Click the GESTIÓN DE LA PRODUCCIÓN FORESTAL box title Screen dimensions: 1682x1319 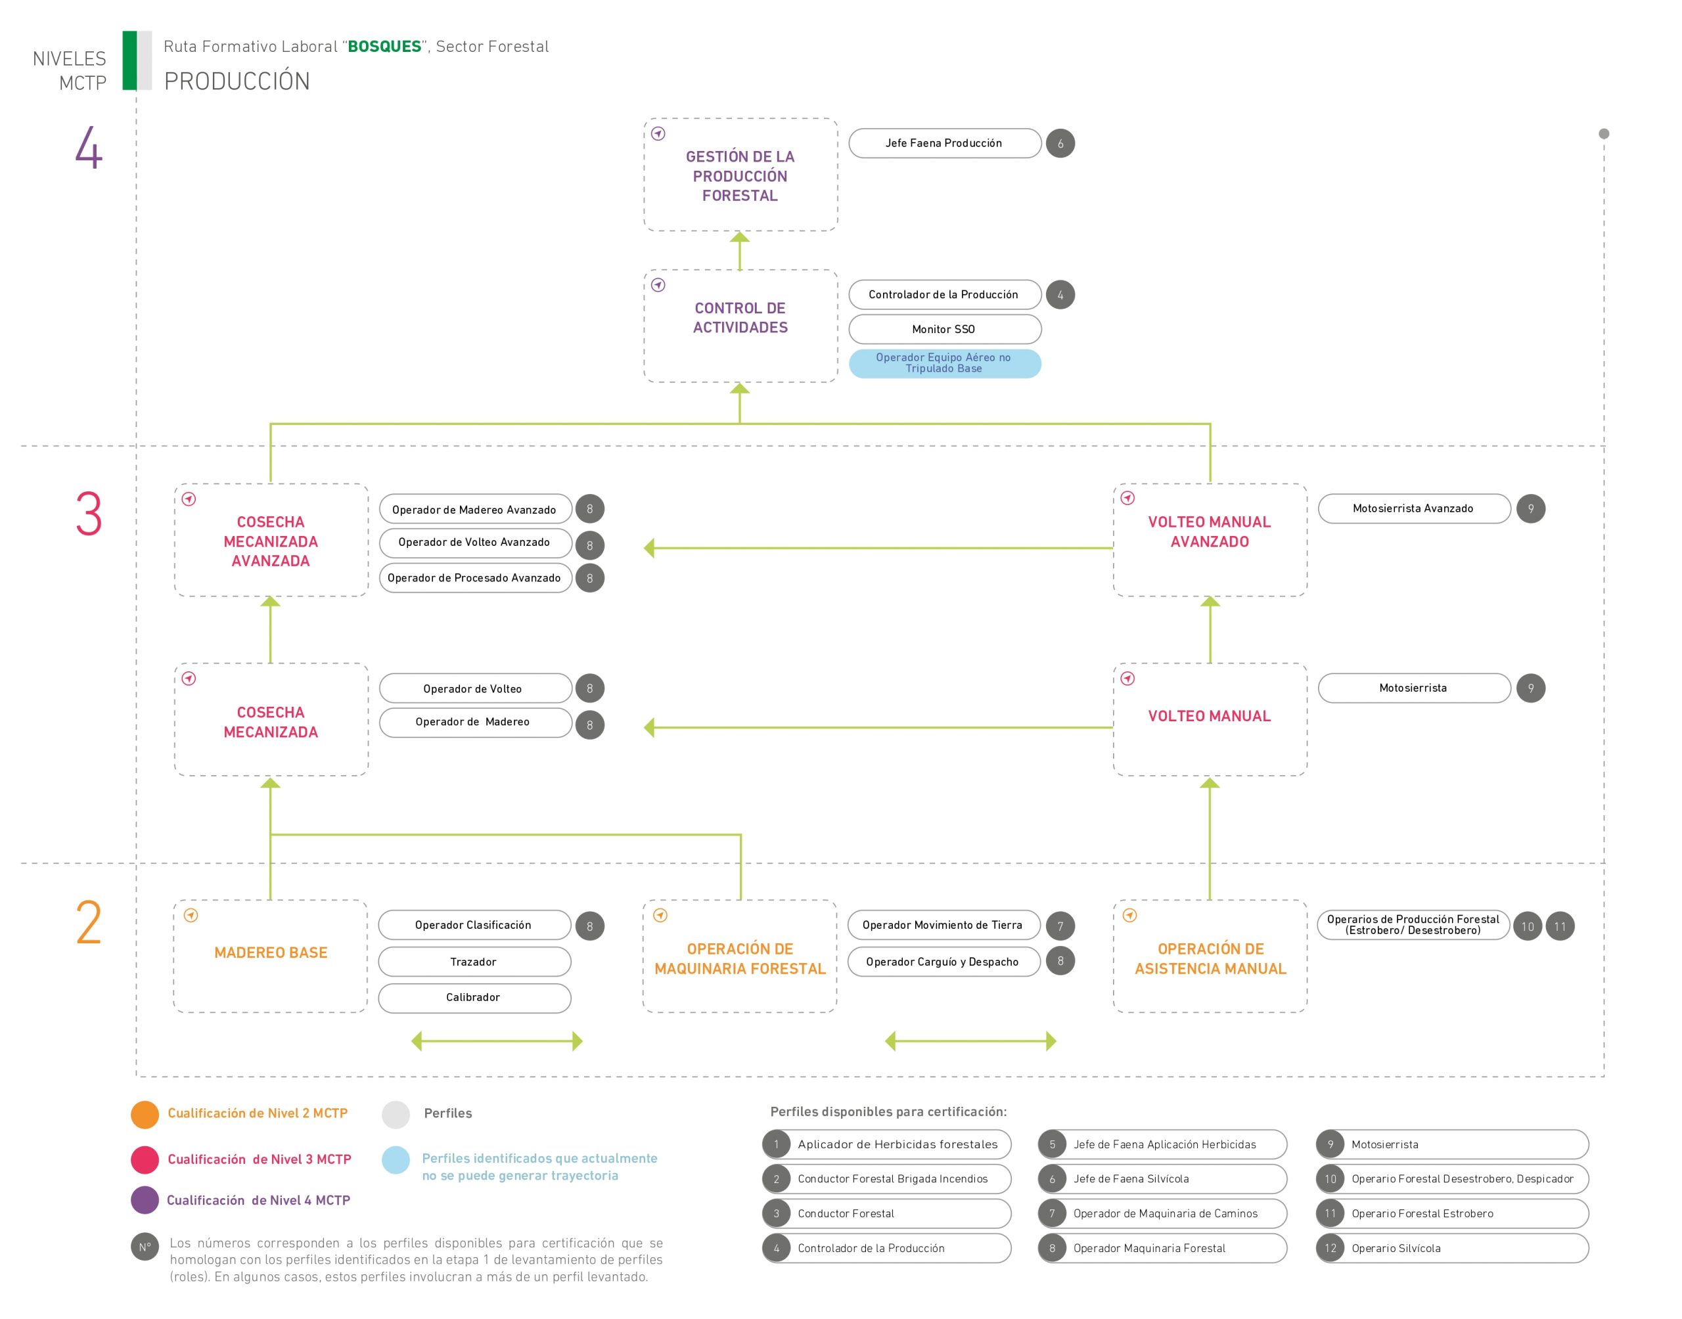[740, 176]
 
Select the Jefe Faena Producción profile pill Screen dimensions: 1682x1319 [945, 143]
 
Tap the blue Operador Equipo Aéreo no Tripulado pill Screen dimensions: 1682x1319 [945, 363]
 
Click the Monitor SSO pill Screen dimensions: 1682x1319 [945, 329]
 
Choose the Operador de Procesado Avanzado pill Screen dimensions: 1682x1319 [475, 577]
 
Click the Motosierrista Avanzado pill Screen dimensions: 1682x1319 [1414, 508]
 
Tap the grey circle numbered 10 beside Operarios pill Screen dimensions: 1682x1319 [1528, 927]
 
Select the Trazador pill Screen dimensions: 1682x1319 [474, 962]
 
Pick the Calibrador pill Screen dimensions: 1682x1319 [474, 998]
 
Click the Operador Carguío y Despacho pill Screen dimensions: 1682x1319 [943, 962]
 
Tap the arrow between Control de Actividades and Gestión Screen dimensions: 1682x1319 [740, 251]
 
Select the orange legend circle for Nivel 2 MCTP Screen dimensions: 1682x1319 [145, 1114]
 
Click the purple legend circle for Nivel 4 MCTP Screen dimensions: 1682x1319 [145, 1200]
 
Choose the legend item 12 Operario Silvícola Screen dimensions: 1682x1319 [1452, 1248]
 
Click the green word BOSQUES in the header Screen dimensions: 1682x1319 [384, 47]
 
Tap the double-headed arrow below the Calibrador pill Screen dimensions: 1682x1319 [497, 1041]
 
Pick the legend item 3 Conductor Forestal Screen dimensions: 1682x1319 [886, 1213]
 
